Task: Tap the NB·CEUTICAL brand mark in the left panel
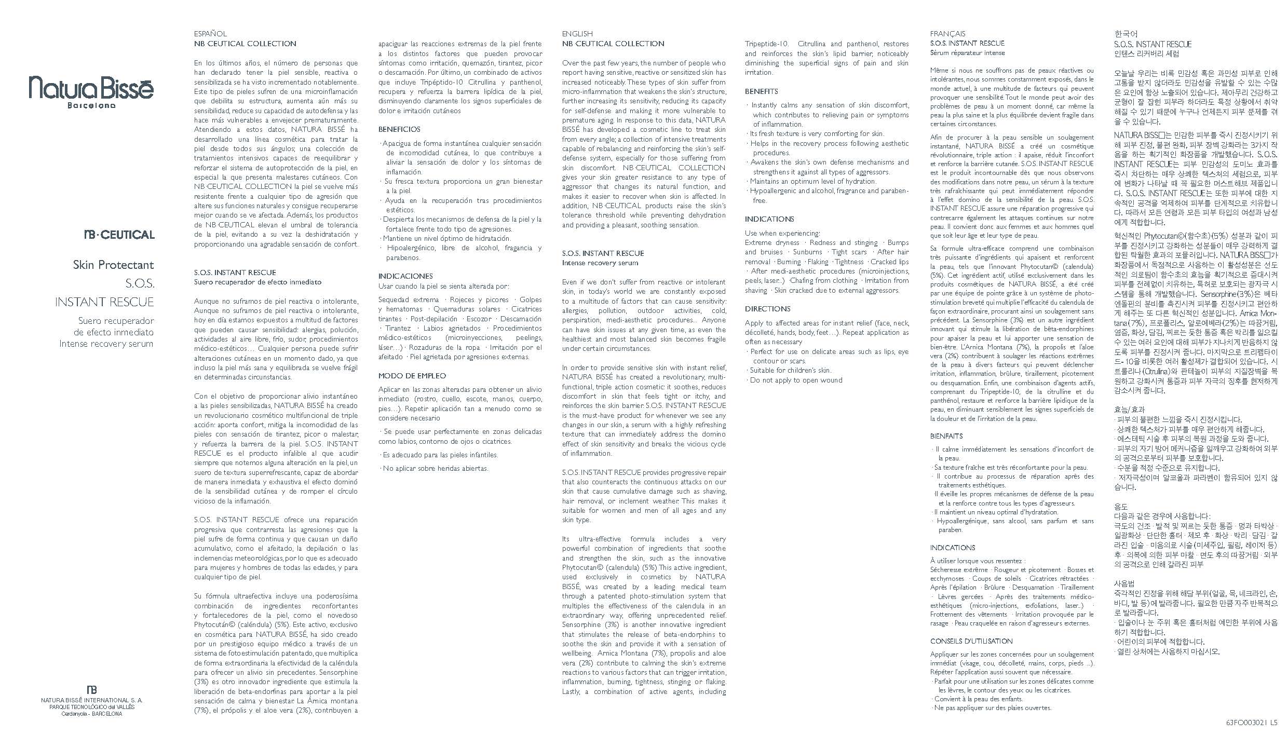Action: pos(119,235)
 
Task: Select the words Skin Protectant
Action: pos(113,265)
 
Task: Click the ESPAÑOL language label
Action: pos(210,34)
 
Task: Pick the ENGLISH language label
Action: pos(577,34)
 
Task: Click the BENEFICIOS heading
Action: pos(399,129)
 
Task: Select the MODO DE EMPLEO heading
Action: pos(412,376)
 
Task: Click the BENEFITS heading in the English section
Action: pos(761,91)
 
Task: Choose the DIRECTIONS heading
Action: pos(767,309)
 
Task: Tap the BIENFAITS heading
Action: pos(946,436)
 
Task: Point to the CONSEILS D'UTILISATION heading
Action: pos(971,641)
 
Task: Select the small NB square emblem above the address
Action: pos(91,689)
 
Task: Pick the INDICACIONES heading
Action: pos(405,276)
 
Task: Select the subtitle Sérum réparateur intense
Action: pos(967,53)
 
